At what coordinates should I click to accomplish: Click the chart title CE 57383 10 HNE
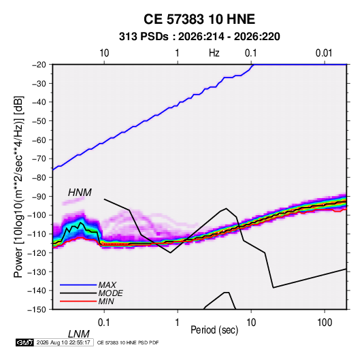199,19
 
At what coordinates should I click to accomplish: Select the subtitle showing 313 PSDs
199,37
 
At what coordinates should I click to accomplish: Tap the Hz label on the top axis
214,53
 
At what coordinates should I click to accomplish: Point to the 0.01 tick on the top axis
324,53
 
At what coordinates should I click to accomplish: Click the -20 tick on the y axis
39,65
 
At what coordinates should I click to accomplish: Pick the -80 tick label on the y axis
39,178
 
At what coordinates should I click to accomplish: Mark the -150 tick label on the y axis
37,310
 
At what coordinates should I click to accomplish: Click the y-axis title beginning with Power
18,186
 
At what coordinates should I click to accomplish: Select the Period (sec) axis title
214,330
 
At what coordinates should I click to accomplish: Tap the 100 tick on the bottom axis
325,323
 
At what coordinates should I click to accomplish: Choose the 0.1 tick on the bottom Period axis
104,323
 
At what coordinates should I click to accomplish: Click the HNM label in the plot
80,193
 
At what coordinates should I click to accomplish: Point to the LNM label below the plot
79,334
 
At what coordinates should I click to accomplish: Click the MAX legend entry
107,284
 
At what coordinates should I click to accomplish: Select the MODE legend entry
110,293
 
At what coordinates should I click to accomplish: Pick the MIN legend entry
106,301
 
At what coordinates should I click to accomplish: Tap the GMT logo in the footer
24,342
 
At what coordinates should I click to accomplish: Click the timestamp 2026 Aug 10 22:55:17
63,342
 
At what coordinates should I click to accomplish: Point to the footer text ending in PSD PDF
128,342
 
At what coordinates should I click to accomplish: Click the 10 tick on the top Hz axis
104,53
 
